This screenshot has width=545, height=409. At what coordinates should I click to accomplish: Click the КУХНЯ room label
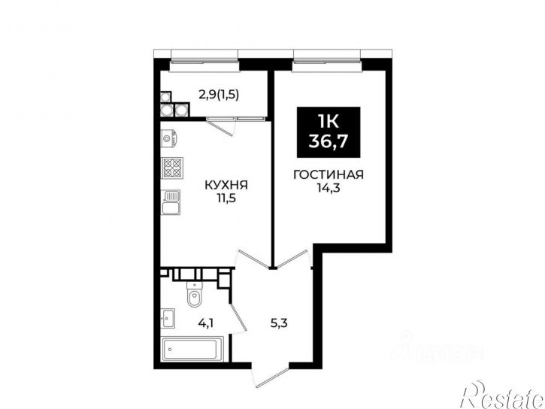click(x=226, y=185)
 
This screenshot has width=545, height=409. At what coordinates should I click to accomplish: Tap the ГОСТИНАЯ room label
click(x=329, y=174)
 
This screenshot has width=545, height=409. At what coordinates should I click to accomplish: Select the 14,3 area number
click(x=328, y=188)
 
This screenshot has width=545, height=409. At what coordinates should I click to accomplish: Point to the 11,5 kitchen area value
click(x=226, y=198)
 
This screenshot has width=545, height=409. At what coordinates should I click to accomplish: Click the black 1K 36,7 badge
click(x=329, y=132)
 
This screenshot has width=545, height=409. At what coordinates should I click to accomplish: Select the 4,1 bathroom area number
click(x=205, y=324)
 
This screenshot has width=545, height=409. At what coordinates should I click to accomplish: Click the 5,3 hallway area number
click(x=279, y=323)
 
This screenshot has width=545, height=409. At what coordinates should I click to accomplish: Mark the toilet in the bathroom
click(x=194, y=294)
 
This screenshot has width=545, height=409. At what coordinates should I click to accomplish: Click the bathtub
click(x=192, y=349)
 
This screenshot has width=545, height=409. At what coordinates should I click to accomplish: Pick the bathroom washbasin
click(x=168, y=318)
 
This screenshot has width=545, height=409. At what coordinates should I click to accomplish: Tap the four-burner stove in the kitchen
click(x=172, y=168)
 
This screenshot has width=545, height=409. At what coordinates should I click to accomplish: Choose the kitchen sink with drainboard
click(x=171, y=202)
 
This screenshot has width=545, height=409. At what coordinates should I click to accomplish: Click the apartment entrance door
click(x=271, y=377)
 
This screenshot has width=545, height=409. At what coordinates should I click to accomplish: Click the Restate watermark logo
click(x=501, y=395)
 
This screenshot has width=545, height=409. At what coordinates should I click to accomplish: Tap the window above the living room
click(x=327, y=61)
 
